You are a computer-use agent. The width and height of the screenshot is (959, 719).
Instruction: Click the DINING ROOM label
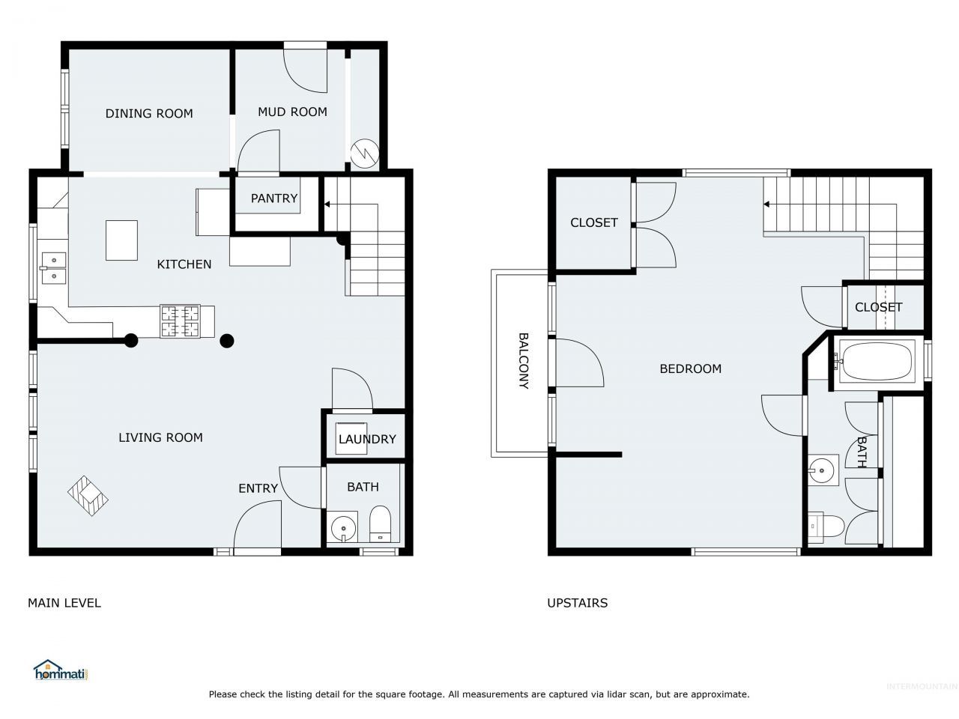click(x=149, y=114)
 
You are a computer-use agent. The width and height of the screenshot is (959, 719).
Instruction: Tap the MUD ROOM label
click(x=292, y=112)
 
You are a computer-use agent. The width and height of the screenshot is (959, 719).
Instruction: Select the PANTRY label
click(x=274, y=198)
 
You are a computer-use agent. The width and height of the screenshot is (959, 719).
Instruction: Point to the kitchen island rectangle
click(x=121, y=240)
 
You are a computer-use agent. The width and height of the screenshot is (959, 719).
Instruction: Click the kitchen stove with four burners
click(x=180, y=321)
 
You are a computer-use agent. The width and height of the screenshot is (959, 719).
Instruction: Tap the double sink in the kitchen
click(x=54, y=268)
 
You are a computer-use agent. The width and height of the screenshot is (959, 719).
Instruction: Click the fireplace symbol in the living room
click(x=88, y=496)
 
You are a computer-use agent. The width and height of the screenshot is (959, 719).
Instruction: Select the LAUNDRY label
click(x=367, y=439)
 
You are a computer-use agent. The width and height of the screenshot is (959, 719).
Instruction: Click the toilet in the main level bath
click(x=380, y=524)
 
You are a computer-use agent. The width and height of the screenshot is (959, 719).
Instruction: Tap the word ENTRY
click(x=258, y=488)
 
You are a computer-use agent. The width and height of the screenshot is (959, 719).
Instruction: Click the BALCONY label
click(x=524, y=360)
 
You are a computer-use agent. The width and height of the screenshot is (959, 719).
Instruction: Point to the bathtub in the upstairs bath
click(x=877, y=360)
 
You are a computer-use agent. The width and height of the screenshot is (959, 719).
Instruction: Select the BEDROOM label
click(x=690, y=369)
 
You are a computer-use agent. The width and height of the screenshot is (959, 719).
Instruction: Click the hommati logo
click(x=60, y=670)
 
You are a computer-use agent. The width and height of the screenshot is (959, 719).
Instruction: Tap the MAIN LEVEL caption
click(x=64, y=603)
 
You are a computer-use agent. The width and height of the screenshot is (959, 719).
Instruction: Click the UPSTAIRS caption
click(x=577, y=603)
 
